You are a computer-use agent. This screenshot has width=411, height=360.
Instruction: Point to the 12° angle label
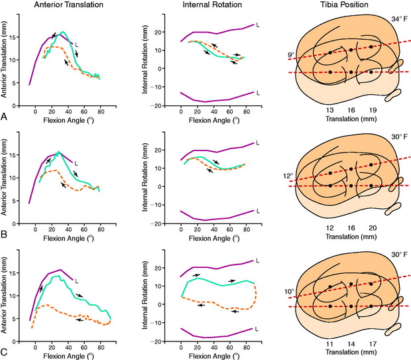pos(287,177)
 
